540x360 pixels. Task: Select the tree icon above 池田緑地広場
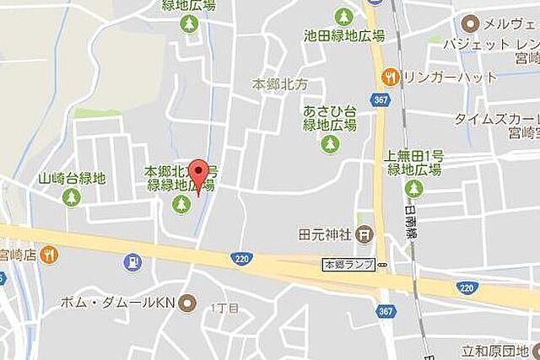pyautogui.click(x=343, y=16)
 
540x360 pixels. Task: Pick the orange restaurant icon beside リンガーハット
pyautogui.click(x=389, y=77)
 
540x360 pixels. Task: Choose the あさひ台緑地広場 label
pyautogui.click(x=330, y=118)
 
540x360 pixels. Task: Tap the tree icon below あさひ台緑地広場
pyautogui.click(x=330, y=143)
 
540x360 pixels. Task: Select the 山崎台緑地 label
pyautogui.click(x=72, y=178)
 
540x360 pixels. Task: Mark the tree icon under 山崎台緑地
pyautogui.click(x=72, y=197)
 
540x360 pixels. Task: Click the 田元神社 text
pyautogui.click(x=324, y=233)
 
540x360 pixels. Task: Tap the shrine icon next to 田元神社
pyautogui.click(x=363, y=233)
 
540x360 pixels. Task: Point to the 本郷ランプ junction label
pyautogui.click(x=348, y=265)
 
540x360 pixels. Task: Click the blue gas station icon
pyautogui.click(x=132, y=262)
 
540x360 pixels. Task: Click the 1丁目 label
pyautogui.click(x=224, y=307)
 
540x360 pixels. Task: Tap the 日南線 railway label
pyautogui.click(x=411, y=215)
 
